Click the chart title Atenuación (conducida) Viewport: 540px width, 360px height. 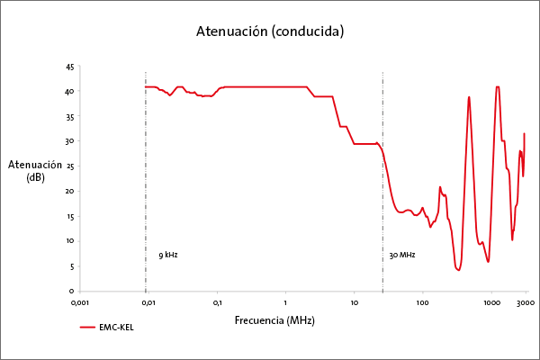270,31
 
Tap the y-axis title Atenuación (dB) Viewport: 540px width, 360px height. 37,171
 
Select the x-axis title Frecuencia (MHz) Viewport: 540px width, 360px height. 274,320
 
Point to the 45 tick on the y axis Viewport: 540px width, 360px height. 70,67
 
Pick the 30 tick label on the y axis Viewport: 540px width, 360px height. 70,141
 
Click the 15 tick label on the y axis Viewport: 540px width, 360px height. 70,216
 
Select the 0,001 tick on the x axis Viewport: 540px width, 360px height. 81,302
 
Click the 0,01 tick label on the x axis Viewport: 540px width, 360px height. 148,302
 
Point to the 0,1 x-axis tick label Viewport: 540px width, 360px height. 217,302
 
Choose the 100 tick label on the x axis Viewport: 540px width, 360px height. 422,302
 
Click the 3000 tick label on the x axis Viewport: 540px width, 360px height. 526,302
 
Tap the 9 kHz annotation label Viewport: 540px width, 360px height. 168,255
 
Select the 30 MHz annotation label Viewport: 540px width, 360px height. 401,256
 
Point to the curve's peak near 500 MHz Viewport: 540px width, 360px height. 469,97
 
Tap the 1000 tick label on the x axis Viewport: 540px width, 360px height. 491,302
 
